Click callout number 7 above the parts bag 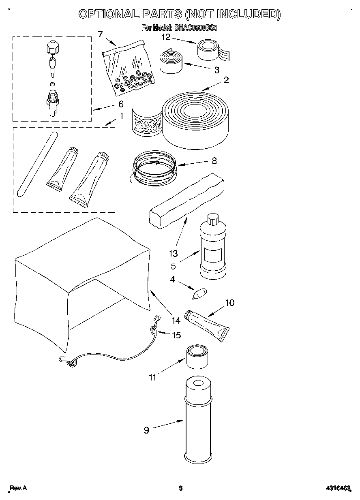point(100,34)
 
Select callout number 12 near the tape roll point(165,38)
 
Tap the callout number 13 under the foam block point(173,254)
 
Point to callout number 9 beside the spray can point(146,430)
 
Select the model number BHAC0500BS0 point(191,28)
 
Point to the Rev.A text point(18,488)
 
